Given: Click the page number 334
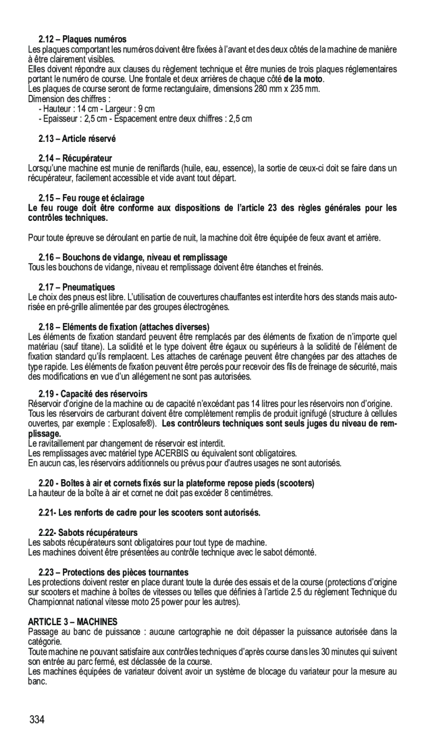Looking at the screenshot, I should (x=37, y=720).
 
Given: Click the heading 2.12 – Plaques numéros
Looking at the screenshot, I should (x=82, y=40).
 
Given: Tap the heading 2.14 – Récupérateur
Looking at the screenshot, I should (x=75, y=158).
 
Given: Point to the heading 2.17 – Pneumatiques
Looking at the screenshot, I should (x=77, y=287).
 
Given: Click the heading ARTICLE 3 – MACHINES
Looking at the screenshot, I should (x=73, y=622).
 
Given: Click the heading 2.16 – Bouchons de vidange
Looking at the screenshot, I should (x=133, y=258).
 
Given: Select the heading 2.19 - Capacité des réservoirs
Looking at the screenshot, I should (x=93, y=394).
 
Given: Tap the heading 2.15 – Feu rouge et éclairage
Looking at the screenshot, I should (x=91, y=198).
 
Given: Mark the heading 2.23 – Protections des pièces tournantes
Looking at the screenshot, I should (x=114, y=572).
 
